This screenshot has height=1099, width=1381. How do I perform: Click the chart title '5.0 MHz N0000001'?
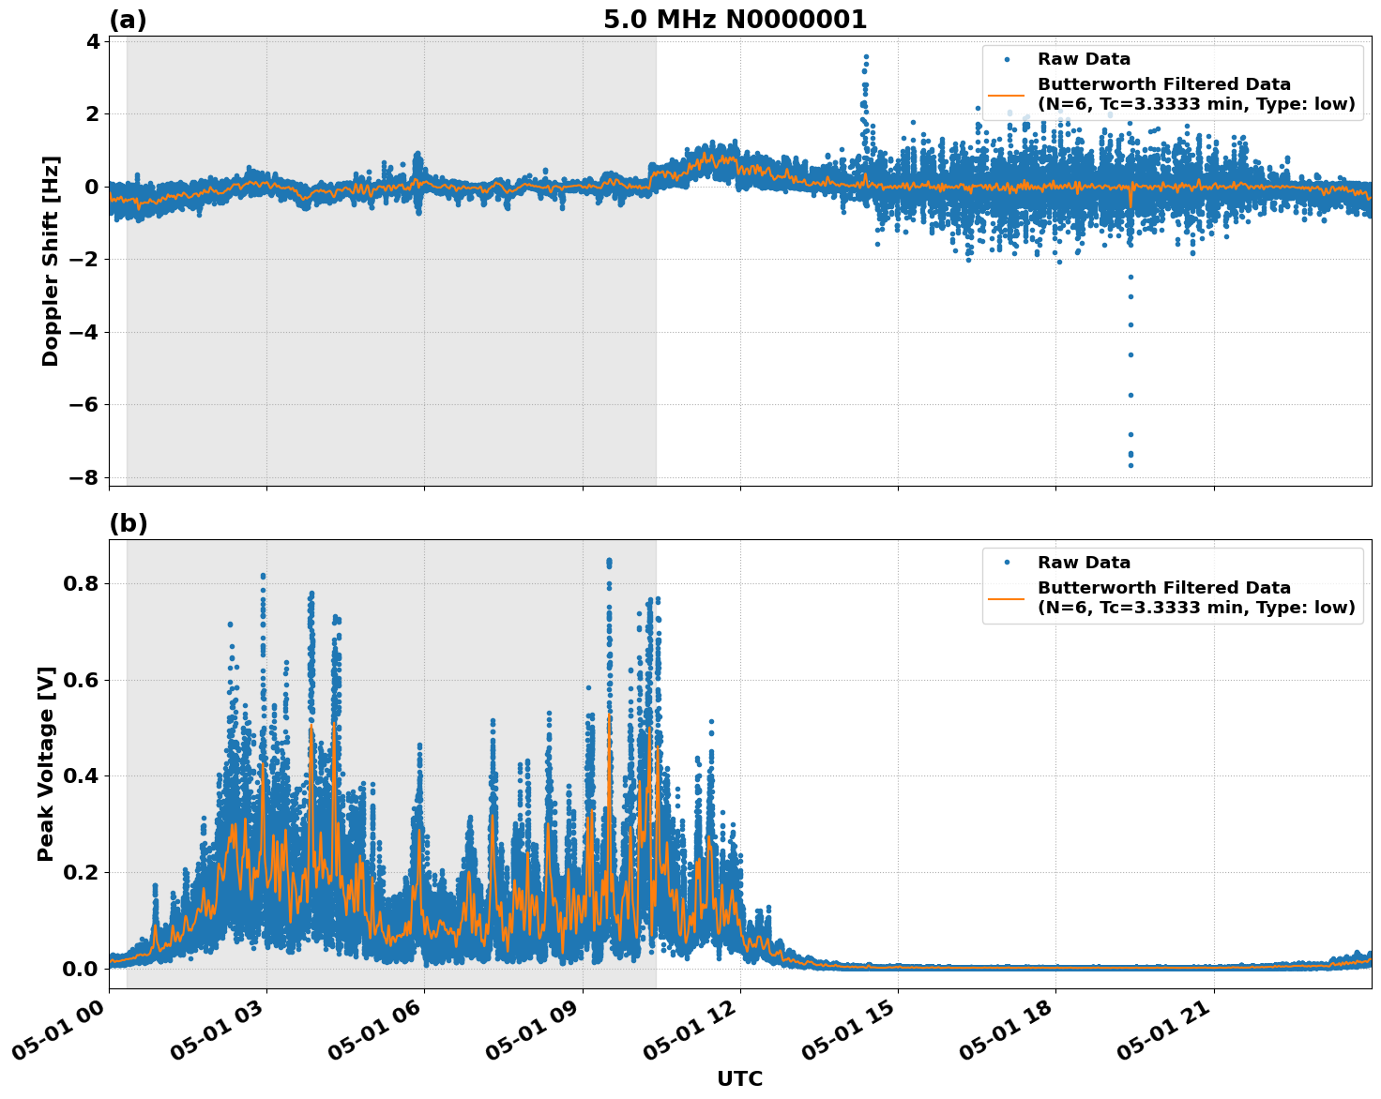point(735,20)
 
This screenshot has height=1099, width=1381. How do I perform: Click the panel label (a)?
point(128,20)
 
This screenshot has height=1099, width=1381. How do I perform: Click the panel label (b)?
point(128,523)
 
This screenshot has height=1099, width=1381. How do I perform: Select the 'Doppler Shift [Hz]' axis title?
point(51,261)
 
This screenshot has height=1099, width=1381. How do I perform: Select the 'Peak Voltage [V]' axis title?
point(46,763)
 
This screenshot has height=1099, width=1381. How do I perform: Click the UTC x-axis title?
point(739,1078)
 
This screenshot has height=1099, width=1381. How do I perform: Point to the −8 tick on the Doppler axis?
point(84,477)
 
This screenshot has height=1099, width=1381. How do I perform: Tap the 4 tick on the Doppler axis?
point(92,41)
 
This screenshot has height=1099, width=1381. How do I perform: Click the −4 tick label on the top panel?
point(84,332)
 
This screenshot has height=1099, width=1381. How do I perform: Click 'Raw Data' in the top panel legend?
point(1084,59)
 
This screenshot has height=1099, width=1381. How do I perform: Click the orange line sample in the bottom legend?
point(1006,597)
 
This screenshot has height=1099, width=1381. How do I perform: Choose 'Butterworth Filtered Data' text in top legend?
point(1163,84)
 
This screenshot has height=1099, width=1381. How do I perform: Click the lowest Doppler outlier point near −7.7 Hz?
point(1131,465)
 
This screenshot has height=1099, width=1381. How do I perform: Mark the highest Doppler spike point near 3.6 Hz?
point(866,56)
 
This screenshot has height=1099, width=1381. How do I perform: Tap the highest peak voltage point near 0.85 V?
point(609,561)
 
